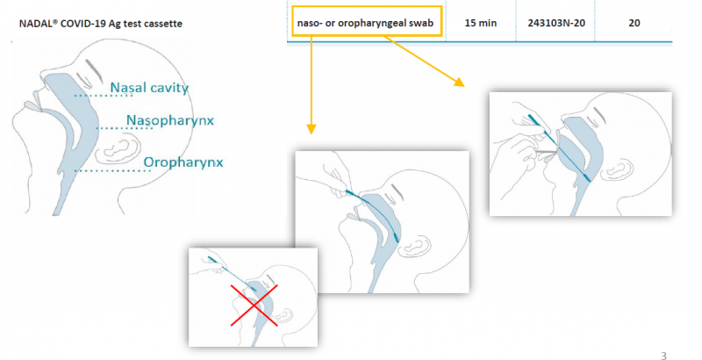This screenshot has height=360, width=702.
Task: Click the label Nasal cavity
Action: [149, 88]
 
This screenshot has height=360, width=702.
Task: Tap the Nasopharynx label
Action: [170, 120]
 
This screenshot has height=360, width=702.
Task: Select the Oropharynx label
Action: [183, 162]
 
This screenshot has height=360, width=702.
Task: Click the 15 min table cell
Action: [480, 24]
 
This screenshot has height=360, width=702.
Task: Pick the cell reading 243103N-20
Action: [556, 24]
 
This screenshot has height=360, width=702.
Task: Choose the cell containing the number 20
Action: [634, 24]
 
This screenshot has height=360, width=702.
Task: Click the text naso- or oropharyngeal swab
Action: [365, 24]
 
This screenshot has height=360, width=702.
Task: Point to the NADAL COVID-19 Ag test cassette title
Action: [101, 24]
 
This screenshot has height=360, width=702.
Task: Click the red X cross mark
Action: [254, 305]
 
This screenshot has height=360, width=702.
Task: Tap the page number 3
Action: [663, 356]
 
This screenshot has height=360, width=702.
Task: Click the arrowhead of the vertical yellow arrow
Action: [312, 129]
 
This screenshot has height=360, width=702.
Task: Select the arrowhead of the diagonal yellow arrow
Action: [459, 82]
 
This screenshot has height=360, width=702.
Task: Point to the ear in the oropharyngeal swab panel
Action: [617, 169]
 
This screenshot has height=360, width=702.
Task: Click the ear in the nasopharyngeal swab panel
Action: [416, 246]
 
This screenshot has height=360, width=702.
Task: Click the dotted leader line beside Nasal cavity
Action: [104, 96]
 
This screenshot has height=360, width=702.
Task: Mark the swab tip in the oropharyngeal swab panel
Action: [586, 178]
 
